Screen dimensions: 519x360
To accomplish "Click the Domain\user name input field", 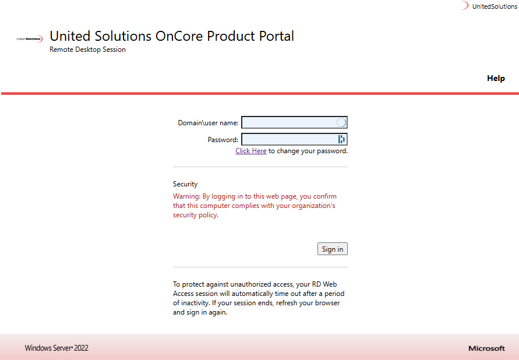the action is click(289, 122).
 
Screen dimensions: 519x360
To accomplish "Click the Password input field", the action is click(289, 139).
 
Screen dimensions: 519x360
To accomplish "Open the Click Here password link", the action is click(251, 151).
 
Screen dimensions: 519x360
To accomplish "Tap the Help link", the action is click(496, 79).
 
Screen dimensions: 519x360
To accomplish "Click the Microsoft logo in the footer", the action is click(486, 348).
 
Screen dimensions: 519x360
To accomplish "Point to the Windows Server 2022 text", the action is click(57, 348).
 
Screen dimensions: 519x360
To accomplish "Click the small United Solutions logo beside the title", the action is click(30, 39).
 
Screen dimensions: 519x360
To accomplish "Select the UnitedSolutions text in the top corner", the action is click(495, 6).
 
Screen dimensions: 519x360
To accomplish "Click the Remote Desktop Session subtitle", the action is click(88, 50).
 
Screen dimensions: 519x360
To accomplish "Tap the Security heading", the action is click(185, 184).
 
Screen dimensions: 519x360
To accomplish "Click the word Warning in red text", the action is click(186, 196).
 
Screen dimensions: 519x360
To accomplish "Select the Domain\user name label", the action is click(208, 123).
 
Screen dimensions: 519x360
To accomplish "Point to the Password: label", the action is click(223, 140).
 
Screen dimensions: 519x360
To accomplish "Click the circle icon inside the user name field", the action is click(341, 122).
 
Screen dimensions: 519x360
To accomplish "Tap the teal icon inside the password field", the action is click(341, 139).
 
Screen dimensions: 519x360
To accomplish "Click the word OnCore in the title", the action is click(179, 36).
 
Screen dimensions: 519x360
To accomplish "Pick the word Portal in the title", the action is click(276, 36).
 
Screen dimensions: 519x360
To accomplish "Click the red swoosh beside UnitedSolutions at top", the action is click(465, 5).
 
